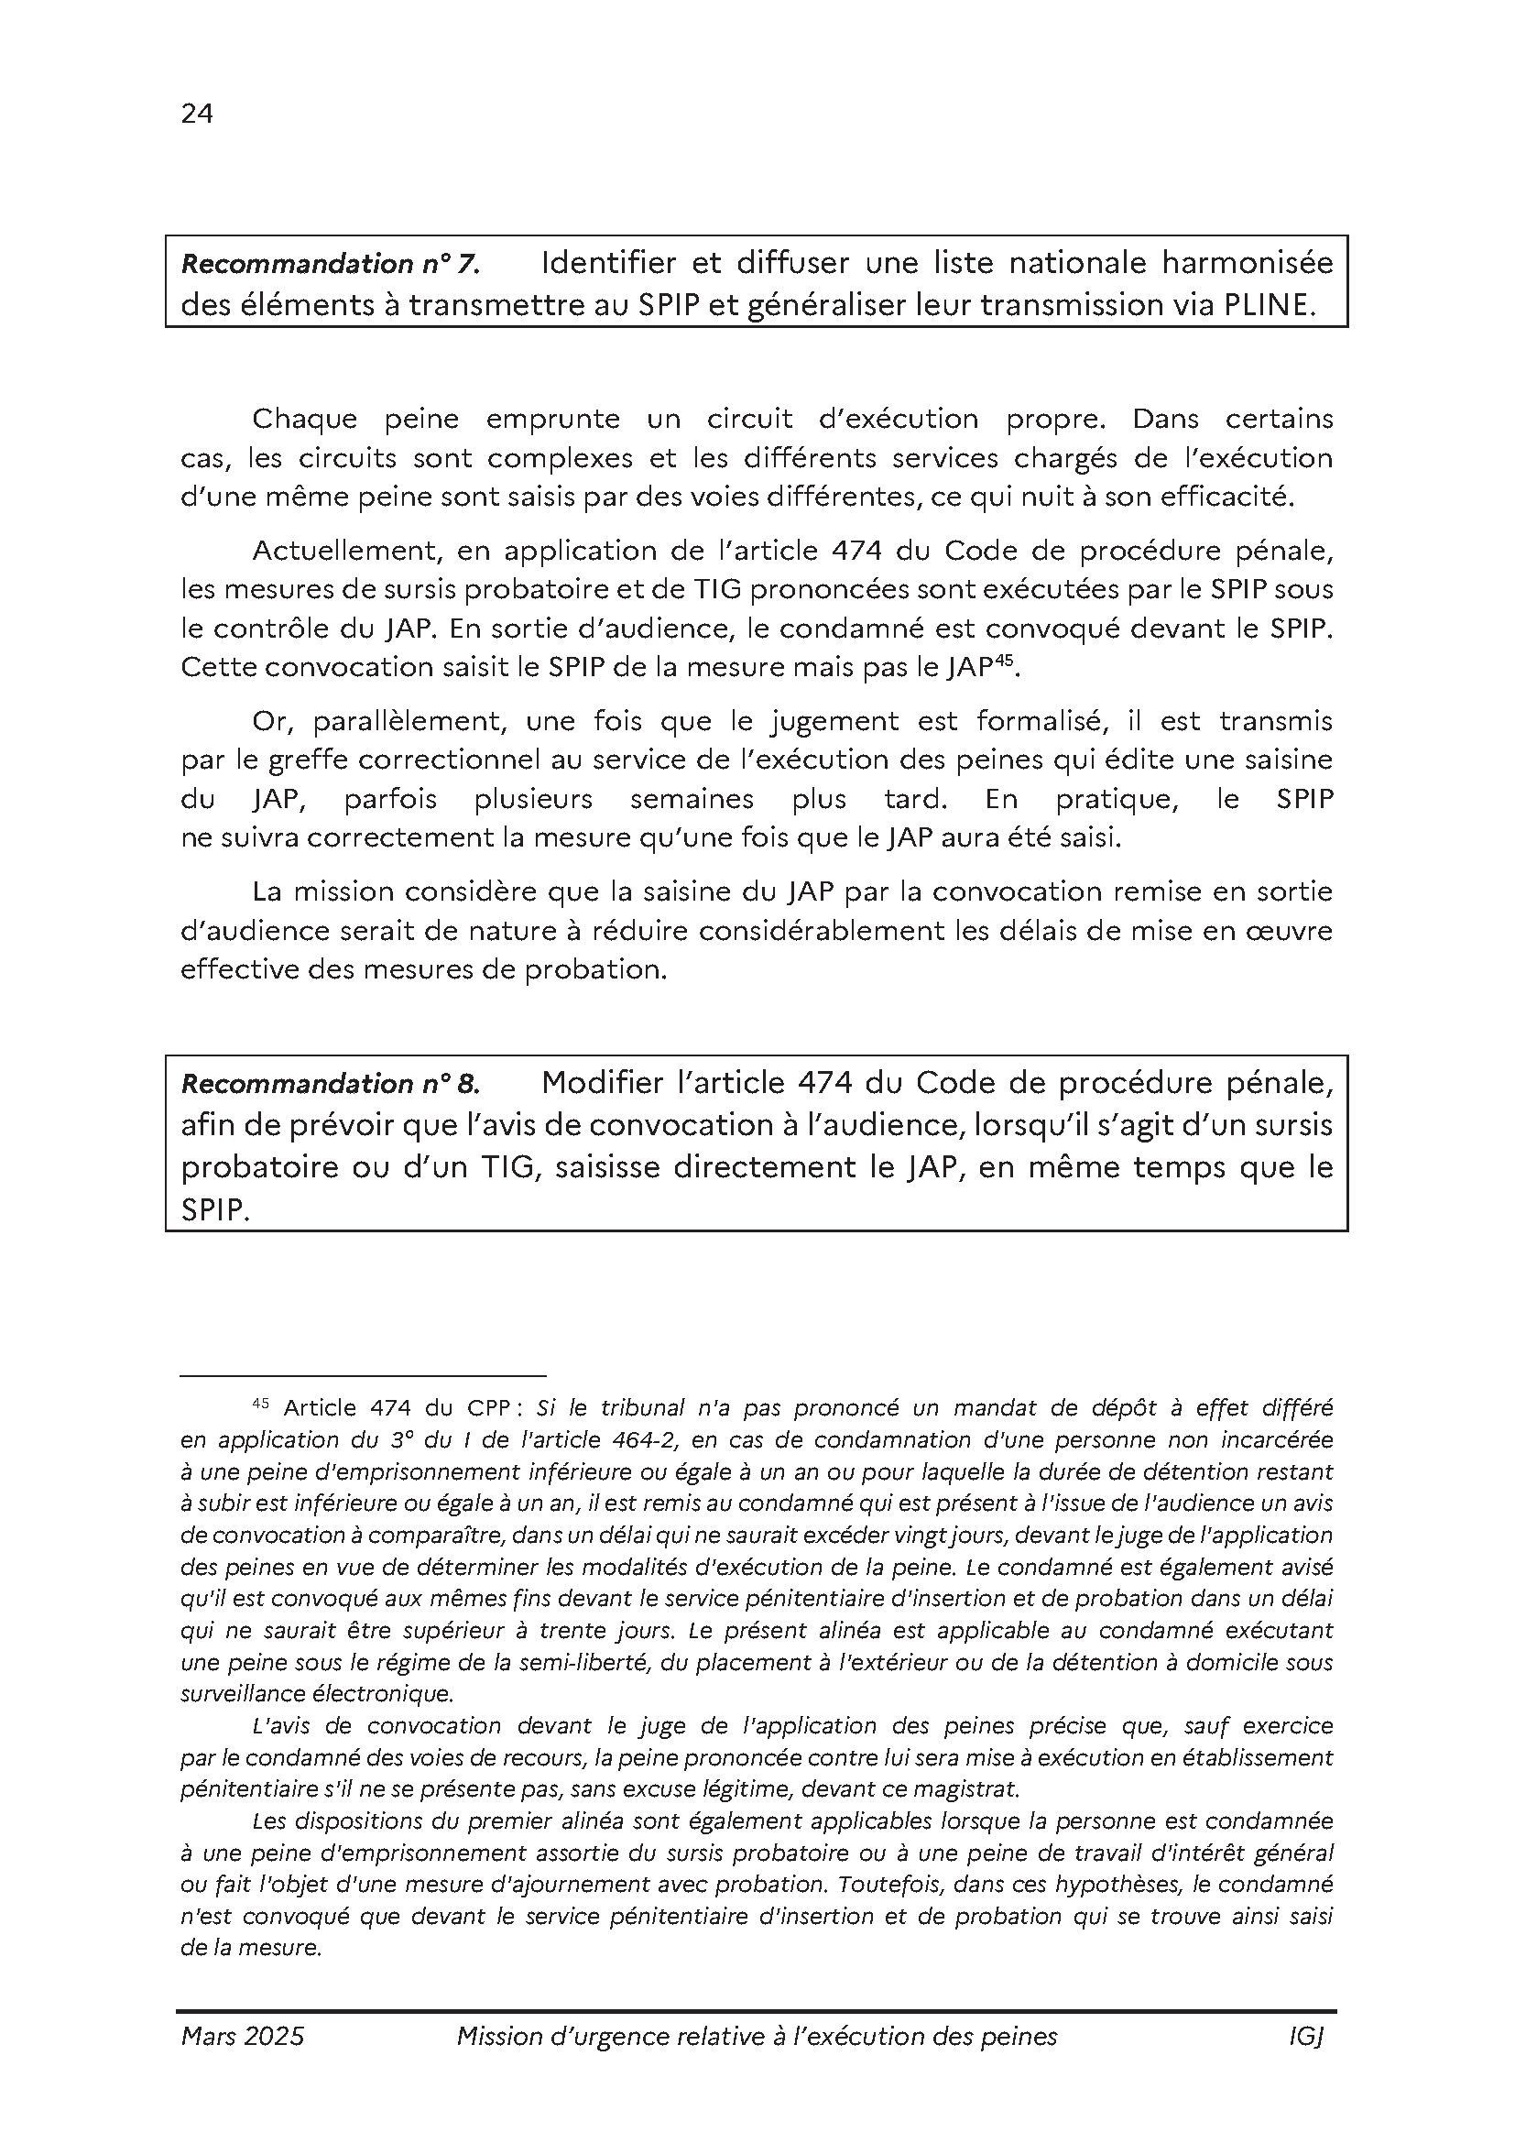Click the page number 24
coord(197,114)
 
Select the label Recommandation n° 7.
coord(331,265)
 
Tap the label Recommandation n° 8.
coord(331,1084)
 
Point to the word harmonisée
coord(1248,264)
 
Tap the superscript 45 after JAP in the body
coord(1003,660)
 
